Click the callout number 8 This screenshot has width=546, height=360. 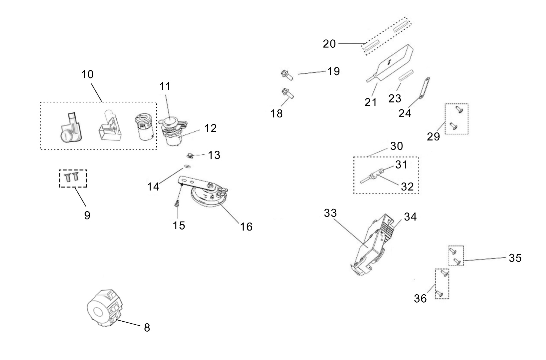point(147,328)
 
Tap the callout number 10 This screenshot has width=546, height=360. point(87,74)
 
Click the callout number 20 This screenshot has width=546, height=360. point(329,44)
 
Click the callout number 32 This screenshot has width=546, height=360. point(407,187)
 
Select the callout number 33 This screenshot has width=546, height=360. point(330,213)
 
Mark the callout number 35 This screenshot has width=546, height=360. point(515,258)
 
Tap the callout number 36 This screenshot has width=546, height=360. point(421,298)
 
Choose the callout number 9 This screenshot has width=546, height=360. point(87,215)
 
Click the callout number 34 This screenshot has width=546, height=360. point(411,217)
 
